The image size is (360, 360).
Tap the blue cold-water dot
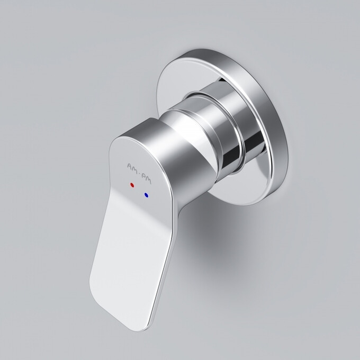point(146,195)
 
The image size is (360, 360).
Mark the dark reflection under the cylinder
point(233,159)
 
